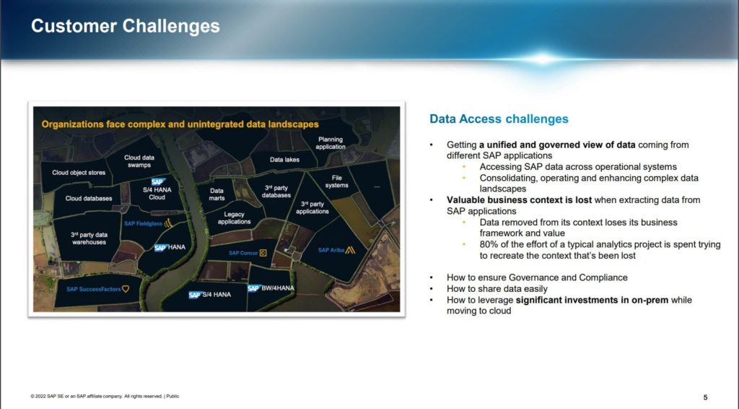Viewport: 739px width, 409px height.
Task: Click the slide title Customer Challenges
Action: [125, 27]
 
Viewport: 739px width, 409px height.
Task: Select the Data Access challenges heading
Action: [499, 119]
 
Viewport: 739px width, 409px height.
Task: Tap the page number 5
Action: [705, 397]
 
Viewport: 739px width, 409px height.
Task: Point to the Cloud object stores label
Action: [79, 173]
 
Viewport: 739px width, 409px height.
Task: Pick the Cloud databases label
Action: [89, 198]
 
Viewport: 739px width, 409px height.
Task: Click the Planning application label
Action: [331, 143]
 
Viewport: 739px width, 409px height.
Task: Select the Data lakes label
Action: [286, 159]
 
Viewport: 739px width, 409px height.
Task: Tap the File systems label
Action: [336, 181]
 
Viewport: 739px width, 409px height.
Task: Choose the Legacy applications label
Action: [234, 218]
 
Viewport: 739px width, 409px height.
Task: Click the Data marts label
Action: [217, 194]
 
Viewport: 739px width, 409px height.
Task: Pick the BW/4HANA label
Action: [278, 288]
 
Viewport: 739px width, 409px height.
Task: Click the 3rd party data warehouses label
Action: [89, 238]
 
